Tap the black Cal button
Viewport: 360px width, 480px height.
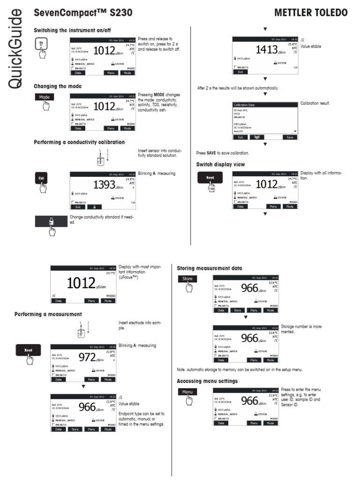(x=41, y=178)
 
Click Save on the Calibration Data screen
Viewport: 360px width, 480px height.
(x=290, y=137)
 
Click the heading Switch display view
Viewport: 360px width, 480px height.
(x=220, y=165)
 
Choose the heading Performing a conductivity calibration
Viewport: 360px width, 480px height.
(x=79, y=142)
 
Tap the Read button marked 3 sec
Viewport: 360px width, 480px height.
(x=210, y=178)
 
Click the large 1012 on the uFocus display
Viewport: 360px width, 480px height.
(x=81, y=283)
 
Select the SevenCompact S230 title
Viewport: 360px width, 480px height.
(x=76, y=12)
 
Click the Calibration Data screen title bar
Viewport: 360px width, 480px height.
(x=265, y=105)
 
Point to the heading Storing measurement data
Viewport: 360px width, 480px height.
(x=210, y=268)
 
